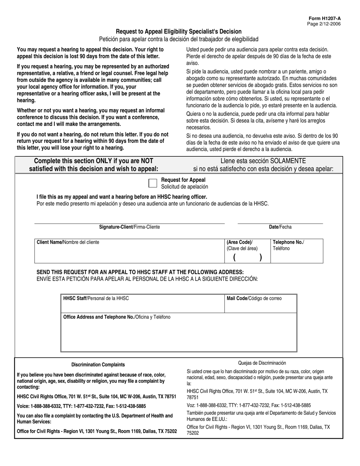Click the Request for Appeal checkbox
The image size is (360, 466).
tap(152, 183)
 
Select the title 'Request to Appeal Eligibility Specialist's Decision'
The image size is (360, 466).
tap(178, 31)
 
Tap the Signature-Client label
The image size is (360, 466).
tap(129, 227)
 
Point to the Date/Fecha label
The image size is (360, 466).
tap(280, 227)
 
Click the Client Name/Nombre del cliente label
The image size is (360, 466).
tap(68, 242)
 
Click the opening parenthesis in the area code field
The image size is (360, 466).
tap(235, 257)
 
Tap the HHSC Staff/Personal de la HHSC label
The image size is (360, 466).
tap(96, 298)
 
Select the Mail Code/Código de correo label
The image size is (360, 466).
tap(254, 298)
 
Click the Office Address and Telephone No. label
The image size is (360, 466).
tap(117, 317)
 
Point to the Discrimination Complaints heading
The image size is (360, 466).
tap(98, 364)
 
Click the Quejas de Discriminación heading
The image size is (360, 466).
tap(262, 363)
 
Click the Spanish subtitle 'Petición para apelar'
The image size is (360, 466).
tap(178, 39)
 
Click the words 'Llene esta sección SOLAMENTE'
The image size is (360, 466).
tap(263, 161)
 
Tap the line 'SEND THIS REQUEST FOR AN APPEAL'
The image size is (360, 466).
tap(140, 272)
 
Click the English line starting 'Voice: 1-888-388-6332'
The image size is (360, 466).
tap(81, 406)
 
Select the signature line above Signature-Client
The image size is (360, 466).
tap(129, 223)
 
